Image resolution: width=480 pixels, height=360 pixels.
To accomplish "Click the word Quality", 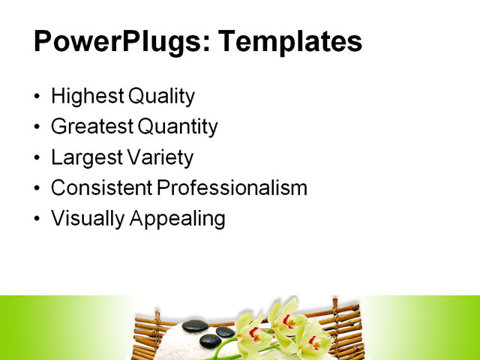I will coord(162,97).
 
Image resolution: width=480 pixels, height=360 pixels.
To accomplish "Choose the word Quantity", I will coord(176,127).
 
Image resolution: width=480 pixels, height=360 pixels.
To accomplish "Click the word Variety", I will coord(159,157).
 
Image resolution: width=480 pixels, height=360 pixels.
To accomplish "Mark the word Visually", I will coord(87,219).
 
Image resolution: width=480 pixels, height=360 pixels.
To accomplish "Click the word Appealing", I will coord(178,219).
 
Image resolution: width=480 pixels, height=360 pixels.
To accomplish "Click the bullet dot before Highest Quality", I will coord(38,97).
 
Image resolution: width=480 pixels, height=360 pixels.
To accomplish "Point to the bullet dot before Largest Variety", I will coord(38,158).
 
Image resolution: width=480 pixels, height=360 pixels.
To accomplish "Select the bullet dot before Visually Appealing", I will coord(38,219).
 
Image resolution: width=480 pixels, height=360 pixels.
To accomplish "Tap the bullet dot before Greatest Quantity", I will coord(38,128).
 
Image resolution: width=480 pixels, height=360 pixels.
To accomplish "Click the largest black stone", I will coord(196,325).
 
